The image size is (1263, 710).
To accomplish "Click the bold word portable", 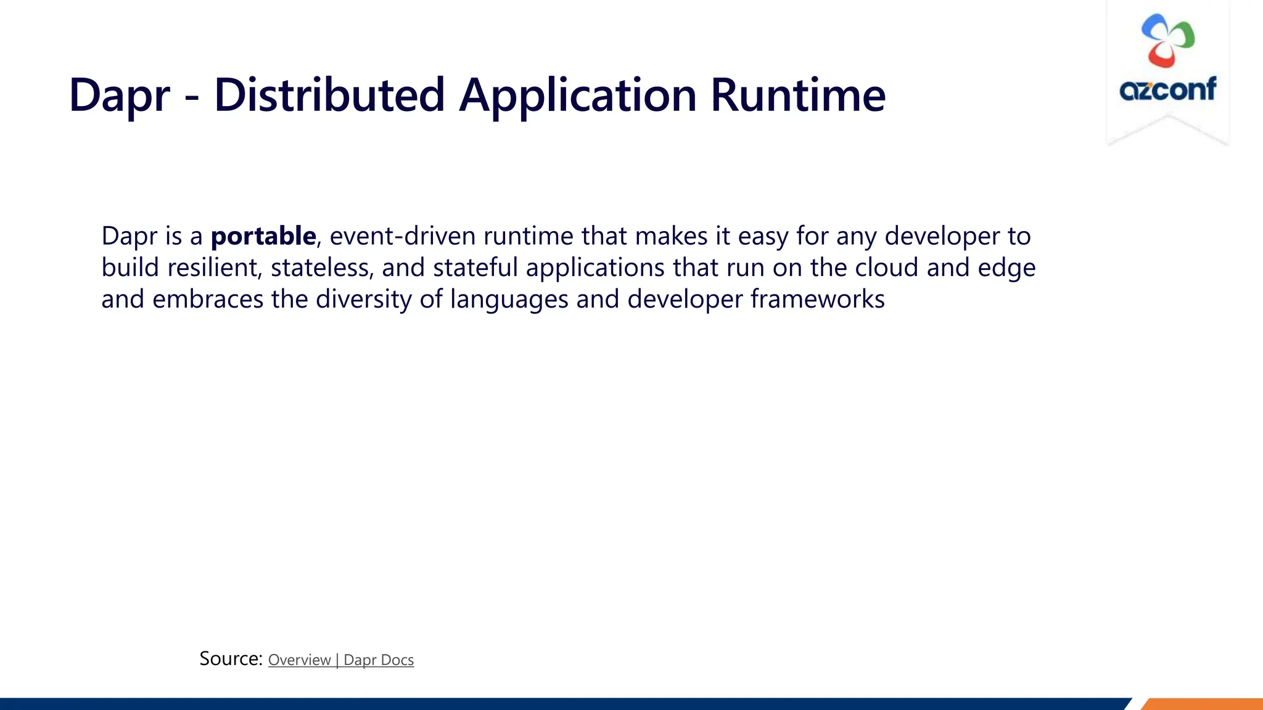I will point(263,236).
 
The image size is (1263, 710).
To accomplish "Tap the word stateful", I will point(475,267).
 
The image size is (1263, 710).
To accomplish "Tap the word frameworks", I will point(817,300).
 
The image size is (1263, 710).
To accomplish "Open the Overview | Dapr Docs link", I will point(340,660).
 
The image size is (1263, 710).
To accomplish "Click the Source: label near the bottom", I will point(231,659).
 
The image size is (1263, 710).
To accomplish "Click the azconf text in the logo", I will point(1167,90).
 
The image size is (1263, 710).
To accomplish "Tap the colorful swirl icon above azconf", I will point(1167,41).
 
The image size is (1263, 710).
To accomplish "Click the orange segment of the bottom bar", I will point(1203,704).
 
